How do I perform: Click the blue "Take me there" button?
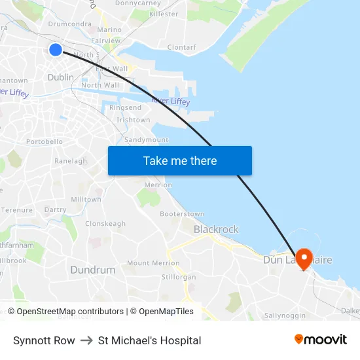tap(180, 161)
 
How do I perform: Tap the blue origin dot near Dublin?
tap(56, 49)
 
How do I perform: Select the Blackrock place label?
tap(216, 230)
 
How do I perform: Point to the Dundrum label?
tap(92, 270)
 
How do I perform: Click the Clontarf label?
tap(181, 47)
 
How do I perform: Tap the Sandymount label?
tap(146, 140)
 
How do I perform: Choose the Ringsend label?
tap(125, 107)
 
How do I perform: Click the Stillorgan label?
tap(179, 277)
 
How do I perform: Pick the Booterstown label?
tap(182, 214)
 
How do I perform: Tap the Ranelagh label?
tap(71, 161)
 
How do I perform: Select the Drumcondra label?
tap(69, 24)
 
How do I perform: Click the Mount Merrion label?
tap(153, 263)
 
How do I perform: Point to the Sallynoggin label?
tap(285, 315)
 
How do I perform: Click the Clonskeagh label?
tap(105, 223)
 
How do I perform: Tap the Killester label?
tap(164, 14)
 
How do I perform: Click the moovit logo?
tap(320, 340)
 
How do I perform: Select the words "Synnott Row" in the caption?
tap(44, 340)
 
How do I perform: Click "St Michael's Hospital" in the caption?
tap(149, 340)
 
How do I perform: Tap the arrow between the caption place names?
tap(86, 340)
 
